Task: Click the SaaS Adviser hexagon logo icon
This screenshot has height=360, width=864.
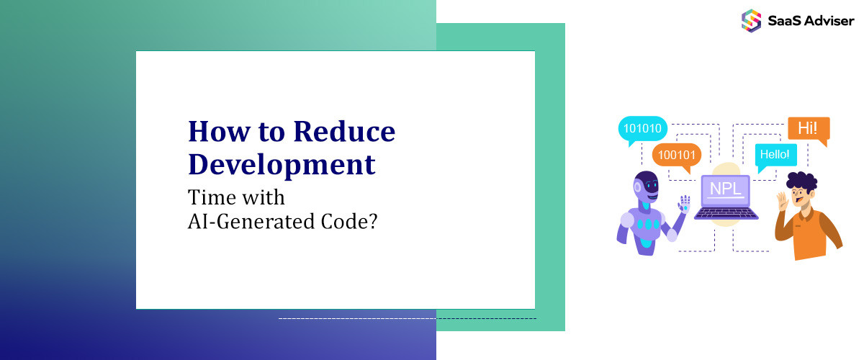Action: pos(751,20)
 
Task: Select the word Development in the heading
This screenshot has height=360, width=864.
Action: pos(282,164)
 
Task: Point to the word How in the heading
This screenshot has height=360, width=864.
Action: pos(214,132)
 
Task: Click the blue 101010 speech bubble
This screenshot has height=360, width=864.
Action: pos(642,130)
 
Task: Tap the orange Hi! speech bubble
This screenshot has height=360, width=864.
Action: pos(808,129)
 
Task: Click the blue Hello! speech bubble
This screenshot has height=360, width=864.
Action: pos(775,153)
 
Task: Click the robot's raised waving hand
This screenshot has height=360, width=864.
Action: pos(683,204)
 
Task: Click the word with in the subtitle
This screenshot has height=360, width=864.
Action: pos(264,197)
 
